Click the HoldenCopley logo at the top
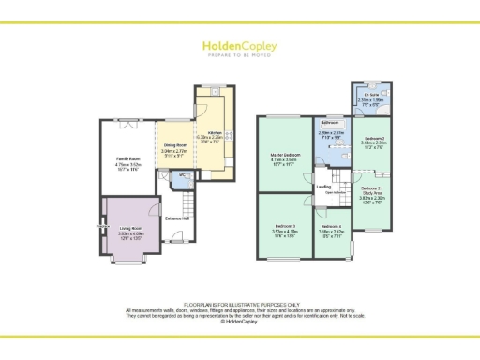tap(240, 47)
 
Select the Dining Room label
tap(175, 144)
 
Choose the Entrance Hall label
tap(177, 219)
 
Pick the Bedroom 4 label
tap(330, 226)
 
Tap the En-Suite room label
tap(370, 95)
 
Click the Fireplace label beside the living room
tap(99, 226)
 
